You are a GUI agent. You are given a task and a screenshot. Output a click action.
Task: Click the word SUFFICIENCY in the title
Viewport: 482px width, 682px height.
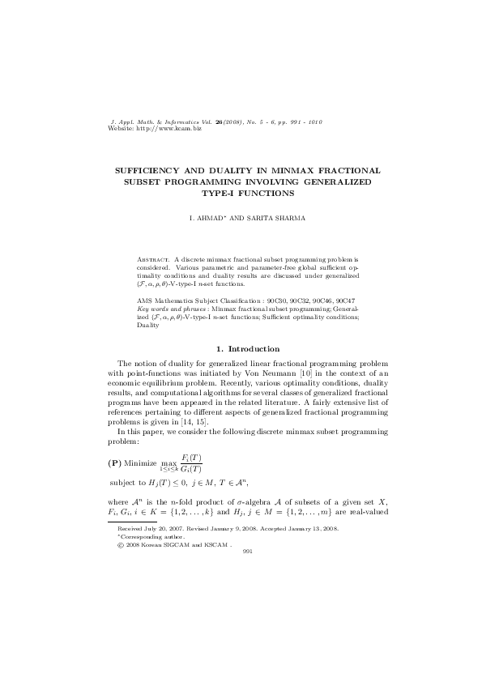155,172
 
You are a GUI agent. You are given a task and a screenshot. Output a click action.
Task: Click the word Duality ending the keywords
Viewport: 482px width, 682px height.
148,325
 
